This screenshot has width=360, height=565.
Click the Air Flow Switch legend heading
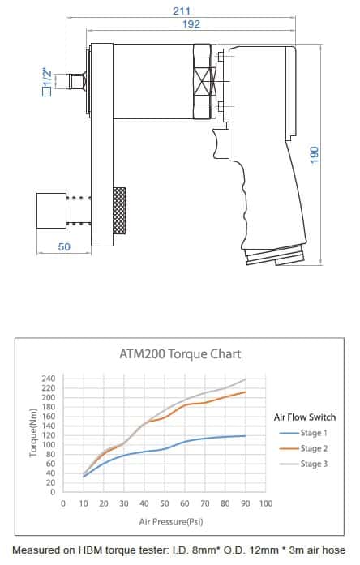tap(305, 417)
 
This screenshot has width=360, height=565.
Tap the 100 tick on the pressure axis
tap(264, 503)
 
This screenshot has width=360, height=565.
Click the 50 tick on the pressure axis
tap(164, 503)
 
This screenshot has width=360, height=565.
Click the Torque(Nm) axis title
tap(33, 434)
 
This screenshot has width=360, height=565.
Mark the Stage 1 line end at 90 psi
tap(245, 435)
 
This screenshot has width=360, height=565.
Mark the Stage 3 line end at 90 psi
tap(245, 379)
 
